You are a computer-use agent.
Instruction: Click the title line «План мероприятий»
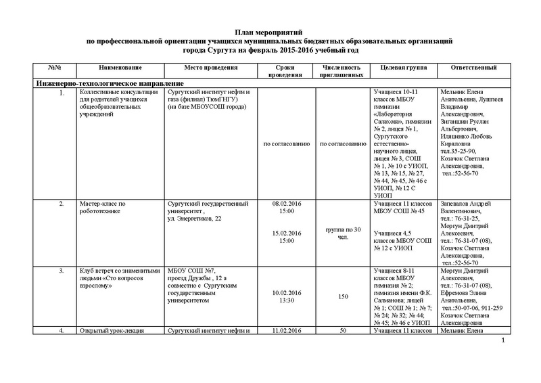(x=271, y=32)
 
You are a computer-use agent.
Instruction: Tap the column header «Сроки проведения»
(x=284, y=72)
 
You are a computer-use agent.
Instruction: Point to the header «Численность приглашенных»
(x=342, y=72)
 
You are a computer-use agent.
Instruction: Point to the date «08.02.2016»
(x=284, y=203)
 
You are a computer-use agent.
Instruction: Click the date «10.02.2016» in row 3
(x=284, y=294)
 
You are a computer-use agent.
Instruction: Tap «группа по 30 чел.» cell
(x=342, y=232)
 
